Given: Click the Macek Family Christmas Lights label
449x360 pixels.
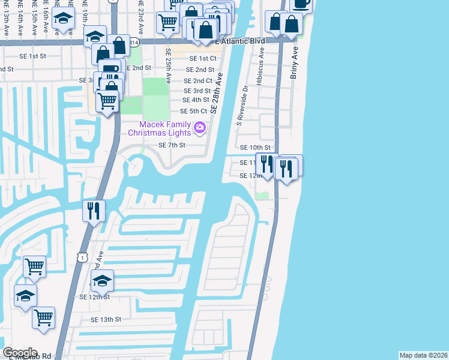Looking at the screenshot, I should pos(160,128).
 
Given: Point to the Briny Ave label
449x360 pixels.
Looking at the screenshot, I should pos(295,61).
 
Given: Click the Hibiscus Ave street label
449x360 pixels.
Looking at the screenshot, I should pos(261,67).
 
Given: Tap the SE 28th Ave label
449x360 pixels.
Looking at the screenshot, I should pos(217,95).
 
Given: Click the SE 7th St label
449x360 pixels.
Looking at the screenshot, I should pos(172,145).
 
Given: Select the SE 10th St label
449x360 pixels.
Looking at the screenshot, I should pos(256,148).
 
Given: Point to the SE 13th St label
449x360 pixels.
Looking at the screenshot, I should pos(106,320).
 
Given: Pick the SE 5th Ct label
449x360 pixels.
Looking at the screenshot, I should pos(193,112).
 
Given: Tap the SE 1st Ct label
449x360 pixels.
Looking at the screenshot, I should pos(203,59).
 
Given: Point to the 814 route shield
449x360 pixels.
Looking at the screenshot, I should pos(134,43).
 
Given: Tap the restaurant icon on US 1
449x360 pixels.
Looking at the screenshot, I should pos(93,211).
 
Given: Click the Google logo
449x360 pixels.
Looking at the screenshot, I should pos(20,353).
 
